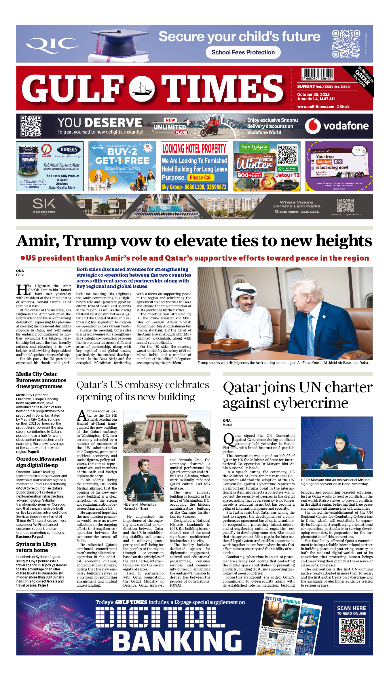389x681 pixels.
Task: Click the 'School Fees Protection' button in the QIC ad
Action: tap(243, 52)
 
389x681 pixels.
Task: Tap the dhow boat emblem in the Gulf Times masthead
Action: tap(142, 88)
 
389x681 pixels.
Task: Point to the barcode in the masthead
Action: tap(318, 74)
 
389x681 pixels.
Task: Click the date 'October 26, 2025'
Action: tap(313, 94)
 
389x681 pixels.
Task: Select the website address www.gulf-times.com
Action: tap(316, 107)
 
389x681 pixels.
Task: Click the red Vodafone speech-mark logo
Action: tap(313, 126)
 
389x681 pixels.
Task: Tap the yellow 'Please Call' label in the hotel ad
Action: tap(200, 178)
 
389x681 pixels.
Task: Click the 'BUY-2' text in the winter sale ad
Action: tap(122, 151)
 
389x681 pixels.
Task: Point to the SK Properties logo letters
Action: tap(44, 204)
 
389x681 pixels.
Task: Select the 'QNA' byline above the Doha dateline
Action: tap(20, 271)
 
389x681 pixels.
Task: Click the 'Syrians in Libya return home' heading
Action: tap(36, 547)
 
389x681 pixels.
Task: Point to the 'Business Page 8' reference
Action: tap(30, 537)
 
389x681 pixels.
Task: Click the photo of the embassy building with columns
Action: tap(167, 431)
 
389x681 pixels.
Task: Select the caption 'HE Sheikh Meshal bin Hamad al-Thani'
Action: tap(141, 506)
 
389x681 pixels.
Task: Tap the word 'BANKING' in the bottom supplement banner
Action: tap(177, 641)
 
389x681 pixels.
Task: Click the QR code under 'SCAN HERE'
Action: tap(352, 631)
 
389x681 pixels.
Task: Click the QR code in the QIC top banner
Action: tap(346, 44)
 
